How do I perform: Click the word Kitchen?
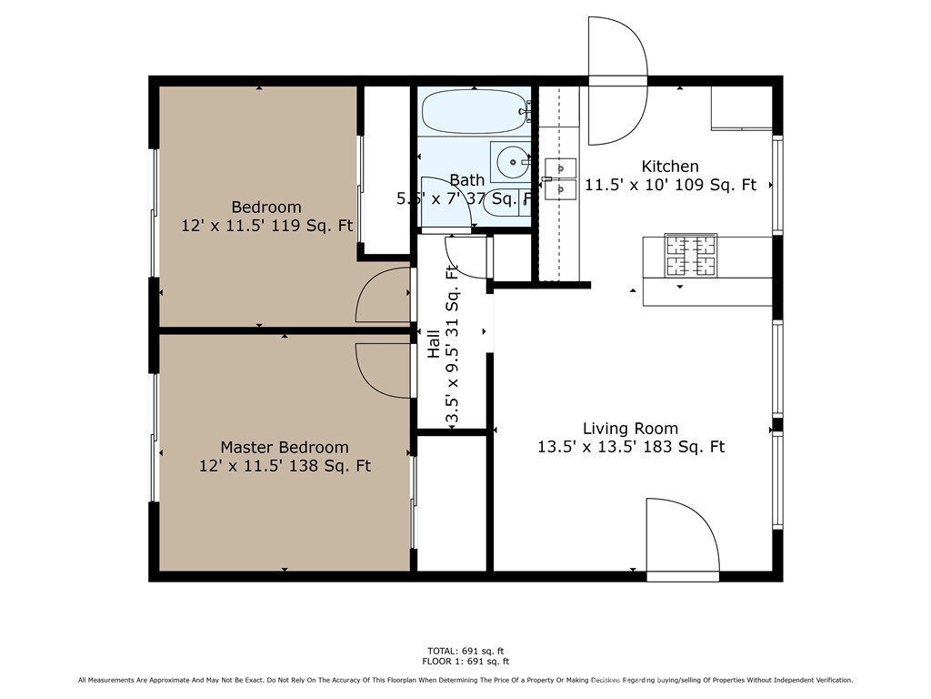click(x=670, y=167)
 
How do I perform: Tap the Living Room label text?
click(x=630, y=429)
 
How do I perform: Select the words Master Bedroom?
click(x=285, y=447)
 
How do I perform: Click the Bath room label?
click(x=466, y=180)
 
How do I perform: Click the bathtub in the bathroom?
click(x=474, y=112)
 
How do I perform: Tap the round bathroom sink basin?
click(x=514, y=163)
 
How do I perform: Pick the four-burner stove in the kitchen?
click(x=691, y=255)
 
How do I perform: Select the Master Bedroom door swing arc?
click(x=382, y=370)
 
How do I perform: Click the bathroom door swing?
click(x=446, y=201)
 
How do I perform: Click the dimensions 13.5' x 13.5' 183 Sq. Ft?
click(x=630, y=447)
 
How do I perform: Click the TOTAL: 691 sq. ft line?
click(x=465, y=651)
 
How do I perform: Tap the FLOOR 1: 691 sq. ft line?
click(x=465, y=662)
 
